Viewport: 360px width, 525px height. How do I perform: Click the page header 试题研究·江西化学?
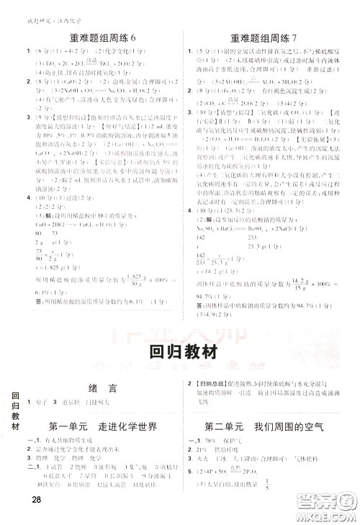[30, 6]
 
